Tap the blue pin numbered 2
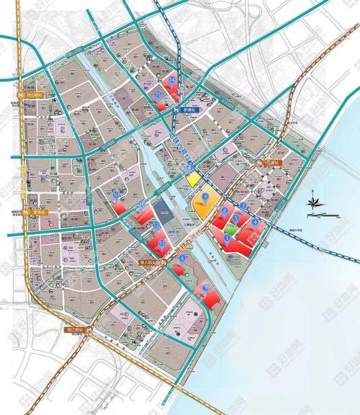(x=225, y=211)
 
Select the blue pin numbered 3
(x=243, y=206)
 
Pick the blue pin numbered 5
(x=236, y=219)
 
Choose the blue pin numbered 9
(x=206, y=195)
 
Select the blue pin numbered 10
(x=115, y=195)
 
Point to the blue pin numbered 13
(x=162, y=244)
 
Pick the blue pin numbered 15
(x=157, y=94)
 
